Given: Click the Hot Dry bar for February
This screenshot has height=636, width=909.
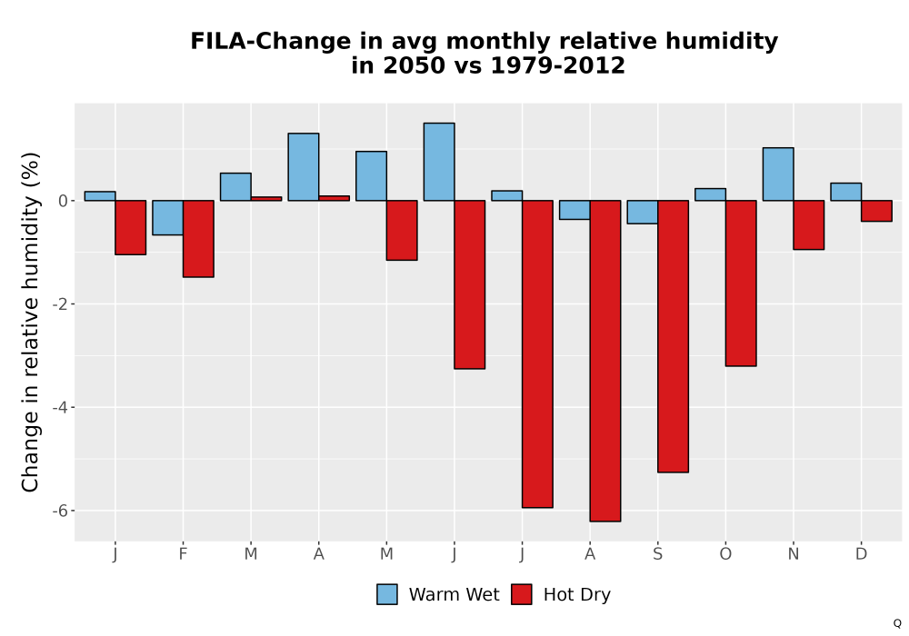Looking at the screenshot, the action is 198,239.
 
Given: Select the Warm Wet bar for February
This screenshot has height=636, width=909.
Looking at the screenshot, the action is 167,218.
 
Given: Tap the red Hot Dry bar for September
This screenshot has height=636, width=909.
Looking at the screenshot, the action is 673,336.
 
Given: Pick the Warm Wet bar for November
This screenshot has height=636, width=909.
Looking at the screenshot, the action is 778,174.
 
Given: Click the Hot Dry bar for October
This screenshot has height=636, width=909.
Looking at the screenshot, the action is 741,283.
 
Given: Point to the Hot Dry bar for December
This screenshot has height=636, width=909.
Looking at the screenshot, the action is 876,211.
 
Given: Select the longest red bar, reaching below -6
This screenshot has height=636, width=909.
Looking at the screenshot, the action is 605,361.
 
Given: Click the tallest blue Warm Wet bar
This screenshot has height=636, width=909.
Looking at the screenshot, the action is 439,162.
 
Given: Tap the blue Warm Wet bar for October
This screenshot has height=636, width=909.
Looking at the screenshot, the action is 710,194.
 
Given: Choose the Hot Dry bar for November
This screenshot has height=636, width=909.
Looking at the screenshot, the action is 809,224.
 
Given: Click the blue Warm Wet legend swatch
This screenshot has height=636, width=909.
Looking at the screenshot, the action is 386,594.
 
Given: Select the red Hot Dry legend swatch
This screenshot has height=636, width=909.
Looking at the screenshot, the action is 521,594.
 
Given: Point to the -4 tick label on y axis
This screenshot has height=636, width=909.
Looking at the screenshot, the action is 60,407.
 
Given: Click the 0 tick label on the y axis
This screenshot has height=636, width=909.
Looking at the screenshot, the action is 64,201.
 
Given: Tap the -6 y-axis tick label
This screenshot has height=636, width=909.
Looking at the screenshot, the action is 60,511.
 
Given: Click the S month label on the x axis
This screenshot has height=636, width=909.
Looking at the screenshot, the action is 657,554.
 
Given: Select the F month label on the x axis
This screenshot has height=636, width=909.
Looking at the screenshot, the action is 184,554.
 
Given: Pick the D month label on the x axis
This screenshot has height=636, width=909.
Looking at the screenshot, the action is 861,554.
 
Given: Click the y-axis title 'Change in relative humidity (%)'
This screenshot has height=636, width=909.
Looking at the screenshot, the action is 30,322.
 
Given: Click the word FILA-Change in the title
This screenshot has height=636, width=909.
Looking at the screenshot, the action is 270,42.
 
